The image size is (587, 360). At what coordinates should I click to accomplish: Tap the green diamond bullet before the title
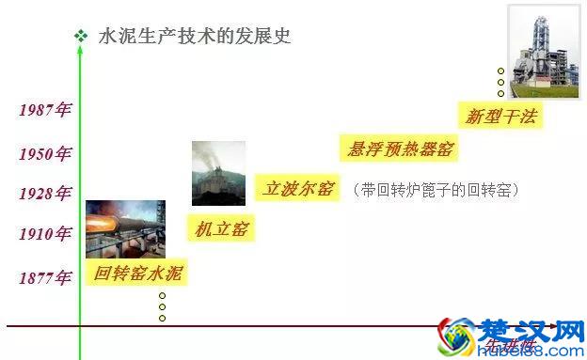81,36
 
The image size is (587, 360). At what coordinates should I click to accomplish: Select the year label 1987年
45,110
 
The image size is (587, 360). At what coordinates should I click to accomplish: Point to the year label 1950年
45,153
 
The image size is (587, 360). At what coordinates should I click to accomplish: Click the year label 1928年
45,194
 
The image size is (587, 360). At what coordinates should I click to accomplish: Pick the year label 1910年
45,234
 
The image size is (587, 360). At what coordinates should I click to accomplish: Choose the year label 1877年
45,277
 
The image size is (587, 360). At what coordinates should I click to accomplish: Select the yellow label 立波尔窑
298,188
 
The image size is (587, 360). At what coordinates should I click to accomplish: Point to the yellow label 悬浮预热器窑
401,148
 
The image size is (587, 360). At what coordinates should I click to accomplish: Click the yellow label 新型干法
504,117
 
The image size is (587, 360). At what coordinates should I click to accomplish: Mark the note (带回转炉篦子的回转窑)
437,190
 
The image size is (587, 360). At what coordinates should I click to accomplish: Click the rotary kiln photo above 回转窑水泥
125,228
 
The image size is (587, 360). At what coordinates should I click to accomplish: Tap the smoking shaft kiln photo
218,173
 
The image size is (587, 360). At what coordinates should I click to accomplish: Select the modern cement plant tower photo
544,51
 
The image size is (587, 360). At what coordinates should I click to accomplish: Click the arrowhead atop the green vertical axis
80,48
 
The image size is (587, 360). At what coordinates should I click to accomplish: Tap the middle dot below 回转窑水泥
162,306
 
